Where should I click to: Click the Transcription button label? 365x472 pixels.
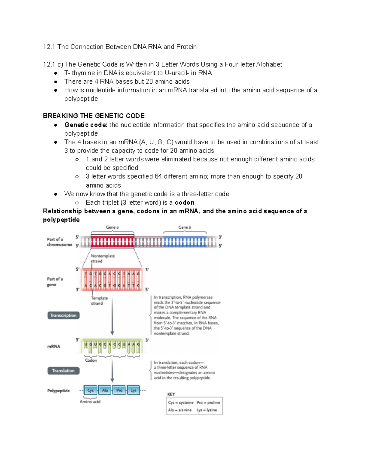tap(63, 315)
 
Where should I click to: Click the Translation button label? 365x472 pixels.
tap(63, 371)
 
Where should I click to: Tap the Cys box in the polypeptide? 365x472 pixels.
tap(90, 391)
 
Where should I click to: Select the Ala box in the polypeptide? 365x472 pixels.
tap(105, 391)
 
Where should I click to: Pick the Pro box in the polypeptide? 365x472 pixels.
tap(119, 391)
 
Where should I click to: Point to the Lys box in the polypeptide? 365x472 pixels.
tap(134, 391)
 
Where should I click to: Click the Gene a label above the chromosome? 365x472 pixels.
tap(112, 227)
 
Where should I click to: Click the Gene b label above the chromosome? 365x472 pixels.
tap(185, 227)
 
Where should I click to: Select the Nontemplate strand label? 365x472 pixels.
tap(103, 258)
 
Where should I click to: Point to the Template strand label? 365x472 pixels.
tap(99, 301)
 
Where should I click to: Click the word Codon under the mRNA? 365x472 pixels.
tap(91, 360)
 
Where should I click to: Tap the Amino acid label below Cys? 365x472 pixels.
tap(90, 402)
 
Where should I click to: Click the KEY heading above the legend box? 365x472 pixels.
tap(171, 394)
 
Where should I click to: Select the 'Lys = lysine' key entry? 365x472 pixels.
tap(207, 410)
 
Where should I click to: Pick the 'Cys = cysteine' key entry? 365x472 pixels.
tap(181, 403)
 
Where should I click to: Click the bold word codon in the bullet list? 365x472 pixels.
tap(185, 203)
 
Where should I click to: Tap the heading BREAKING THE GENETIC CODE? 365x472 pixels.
tap(94, 116)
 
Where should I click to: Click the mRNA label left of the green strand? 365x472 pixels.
tap(54, 346)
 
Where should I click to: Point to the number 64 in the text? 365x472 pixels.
tap(158, 177)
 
